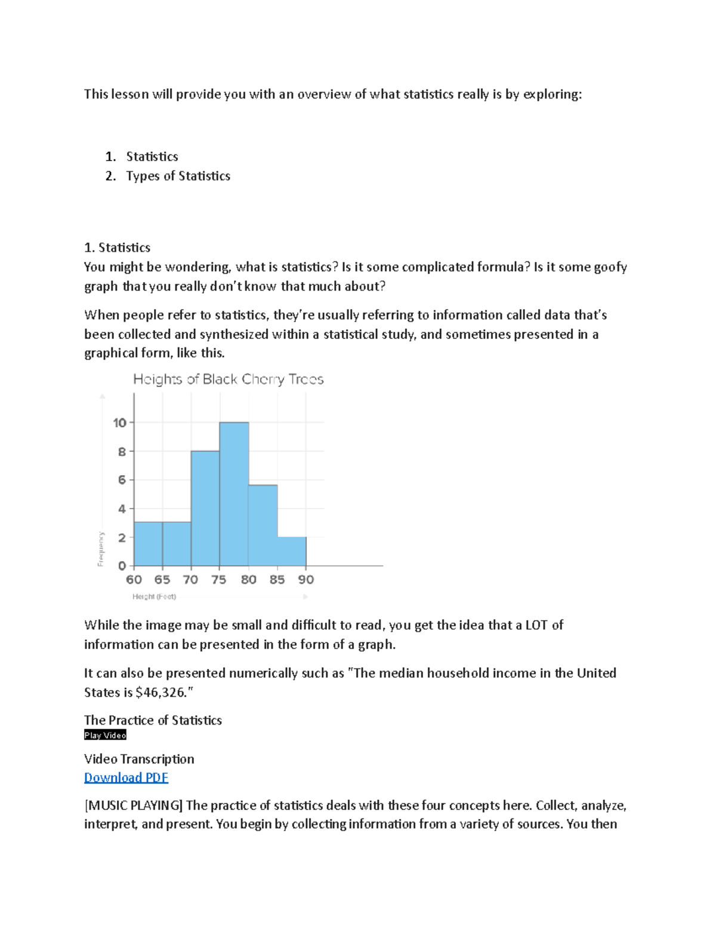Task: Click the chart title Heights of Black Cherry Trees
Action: [228, 380]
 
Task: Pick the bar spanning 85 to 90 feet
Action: [292, 552]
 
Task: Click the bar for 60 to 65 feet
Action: [148, 544]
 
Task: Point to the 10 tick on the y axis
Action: [120, 423]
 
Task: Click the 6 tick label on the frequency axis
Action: [122, 480]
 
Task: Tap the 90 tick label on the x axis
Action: [306, 580]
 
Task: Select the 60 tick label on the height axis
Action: [134, 580]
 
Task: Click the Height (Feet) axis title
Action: [154, 596]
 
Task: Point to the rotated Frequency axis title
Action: [101, 549]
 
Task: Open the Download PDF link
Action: [126, 777]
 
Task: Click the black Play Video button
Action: [105, 735]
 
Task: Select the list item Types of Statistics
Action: [178, 176]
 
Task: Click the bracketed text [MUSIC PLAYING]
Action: [134, 806]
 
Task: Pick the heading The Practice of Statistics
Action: [153, 720]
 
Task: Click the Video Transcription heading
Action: [139, 759]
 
